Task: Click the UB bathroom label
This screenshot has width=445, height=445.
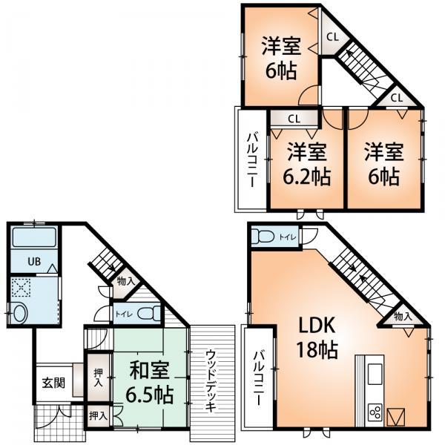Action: pos(34,262)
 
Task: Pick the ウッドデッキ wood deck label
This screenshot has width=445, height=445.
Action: pos(211,380)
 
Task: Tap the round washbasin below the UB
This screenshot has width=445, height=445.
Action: pos(19,311)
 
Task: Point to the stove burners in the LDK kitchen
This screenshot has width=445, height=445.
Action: pos(375,412)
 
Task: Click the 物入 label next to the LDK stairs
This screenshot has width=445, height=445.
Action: pos(403,317)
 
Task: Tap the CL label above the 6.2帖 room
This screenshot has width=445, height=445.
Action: pos(294,118)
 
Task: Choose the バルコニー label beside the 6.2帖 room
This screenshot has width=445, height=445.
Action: pos(252,160)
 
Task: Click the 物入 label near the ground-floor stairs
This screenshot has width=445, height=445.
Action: pos(126,281)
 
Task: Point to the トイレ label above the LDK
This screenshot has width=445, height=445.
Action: pos(287,237)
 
